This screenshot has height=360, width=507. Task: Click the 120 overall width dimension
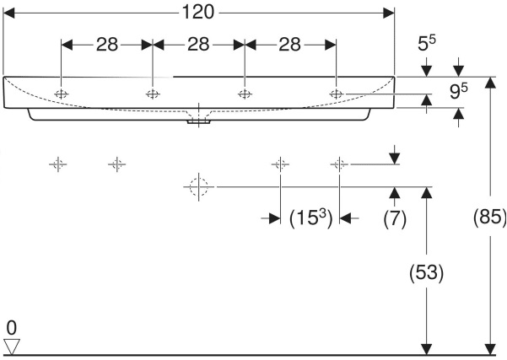point(198,13)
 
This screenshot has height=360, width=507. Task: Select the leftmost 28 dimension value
point(107,45)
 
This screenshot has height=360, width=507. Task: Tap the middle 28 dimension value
point(198,45)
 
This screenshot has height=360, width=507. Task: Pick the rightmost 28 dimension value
point(289,45)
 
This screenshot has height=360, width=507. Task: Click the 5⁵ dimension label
point(427,43)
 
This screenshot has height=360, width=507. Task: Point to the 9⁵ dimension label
point(459,91)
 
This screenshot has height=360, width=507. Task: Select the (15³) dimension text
point(310,218)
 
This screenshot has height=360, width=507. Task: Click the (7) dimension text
point(395,218)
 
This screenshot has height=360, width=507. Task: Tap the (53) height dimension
point(427,272)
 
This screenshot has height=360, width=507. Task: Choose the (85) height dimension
point(490,217)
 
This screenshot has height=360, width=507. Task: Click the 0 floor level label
point(11,328)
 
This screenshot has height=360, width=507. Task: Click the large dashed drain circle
point(198,187)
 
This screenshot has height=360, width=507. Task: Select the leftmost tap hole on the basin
point(61,94)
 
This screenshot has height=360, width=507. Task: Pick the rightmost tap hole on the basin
point(337,94)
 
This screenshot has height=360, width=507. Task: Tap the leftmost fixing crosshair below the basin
point(58,164)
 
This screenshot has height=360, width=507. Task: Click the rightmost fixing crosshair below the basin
point(339,164)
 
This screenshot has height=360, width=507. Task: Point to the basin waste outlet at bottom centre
point(198,121)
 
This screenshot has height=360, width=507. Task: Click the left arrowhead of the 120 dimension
point(8,13)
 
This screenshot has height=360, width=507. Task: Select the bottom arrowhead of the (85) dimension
point(490,350)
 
